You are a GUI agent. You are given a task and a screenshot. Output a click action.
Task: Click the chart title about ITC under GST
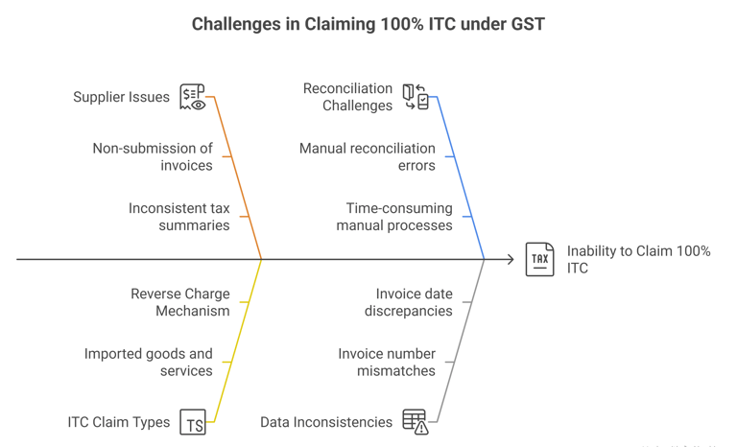click(368, 24)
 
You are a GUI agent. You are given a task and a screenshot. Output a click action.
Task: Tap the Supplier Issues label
click(121, 97)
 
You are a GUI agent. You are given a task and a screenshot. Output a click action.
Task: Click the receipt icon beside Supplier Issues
click(193, 98)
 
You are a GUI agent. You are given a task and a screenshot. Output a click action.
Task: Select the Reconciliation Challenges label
click(347, 97)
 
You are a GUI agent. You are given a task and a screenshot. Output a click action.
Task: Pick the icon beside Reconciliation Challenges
click(416, 97)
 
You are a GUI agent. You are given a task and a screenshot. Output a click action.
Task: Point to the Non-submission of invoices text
click(153, 156)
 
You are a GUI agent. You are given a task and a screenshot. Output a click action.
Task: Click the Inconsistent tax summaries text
click(178, 217)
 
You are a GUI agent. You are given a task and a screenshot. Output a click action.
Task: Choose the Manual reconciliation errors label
click(368, 156)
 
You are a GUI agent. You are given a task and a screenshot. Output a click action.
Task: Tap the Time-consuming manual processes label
click(393, 217)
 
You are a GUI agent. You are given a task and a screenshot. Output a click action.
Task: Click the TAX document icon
click(539, 260)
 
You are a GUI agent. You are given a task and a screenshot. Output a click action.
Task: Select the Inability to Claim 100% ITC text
click(638, 260)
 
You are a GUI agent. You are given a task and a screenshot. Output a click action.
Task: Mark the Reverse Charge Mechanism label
click(179, 302)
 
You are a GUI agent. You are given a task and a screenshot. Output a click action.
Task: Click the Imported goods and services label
click(149, 363)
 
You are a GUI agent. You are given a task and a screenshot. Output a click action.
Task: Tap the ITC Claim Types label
click(119, 422)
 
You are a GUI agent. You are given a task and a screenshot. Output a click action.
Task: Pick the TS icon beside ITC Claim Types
click(193, 423)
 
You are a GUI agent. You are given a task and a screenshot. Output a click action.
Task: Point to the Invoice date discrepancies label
click(408, 302)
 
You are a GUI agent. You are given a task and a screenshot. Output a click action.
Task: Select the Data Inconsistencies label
click(326, 422)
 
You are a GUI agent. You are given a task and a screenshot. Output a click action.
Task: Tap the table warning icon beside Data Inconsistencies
click(416, 422)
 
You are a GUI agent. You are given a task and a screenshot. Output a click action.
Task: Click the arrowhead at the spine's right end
click(483, 259)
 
